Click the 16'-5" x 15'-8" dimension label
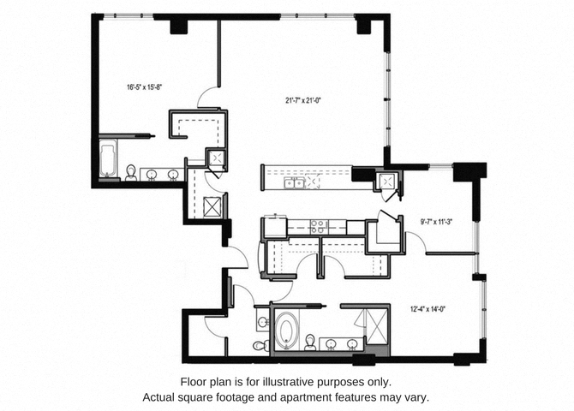[x=144, y=87]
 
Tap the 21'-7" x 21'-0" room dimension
[x=303, y=100]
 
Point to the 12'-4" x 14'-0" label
[x=428, y=309]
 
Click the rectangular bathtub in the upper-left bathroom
[x=108, y=159]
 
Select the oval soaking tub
[x=286, y=331]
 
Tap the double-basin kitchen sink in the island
[x=295, y=182]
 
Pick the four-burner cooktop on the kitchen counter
[x=318, y=226]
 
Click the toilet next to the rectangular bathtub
[x=131, y=173]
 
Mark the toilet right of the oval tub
[x=310, y=342]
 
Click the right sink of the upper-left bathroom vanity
[x=173, y=175]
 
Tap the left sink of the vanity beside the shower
[x=331, y=343]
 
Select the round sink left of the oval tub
[x=262, y=322]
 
